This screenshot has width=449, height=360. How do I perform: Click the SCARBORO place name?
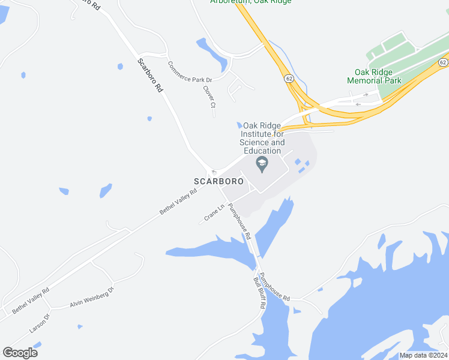point(218,181)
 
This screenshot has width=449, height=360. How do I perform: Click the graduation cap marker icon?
point(262,163)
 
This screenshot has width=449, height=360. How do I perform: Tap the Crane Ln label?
point(214,213)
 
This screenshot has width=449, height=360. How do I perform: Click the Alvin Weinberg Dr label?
point(91,298)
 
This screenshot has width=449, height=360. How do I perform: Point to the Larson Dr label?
point(38,323)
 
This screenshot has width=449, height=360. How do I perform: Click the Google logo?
point(20,352)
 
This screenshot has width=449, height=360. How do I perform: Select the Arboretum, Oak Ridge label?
point(251,2)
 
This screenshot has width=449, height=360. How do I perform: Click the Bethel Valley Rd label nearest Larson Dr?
point(31,299)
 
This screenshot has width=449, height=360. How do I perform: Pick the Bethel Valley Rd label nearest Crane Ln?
point(178,203)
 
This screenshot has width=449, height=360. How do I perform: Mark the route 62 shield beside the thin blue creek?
point(289,78)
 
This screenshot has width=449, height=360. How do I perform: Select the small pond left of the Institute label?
point(239,124)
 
